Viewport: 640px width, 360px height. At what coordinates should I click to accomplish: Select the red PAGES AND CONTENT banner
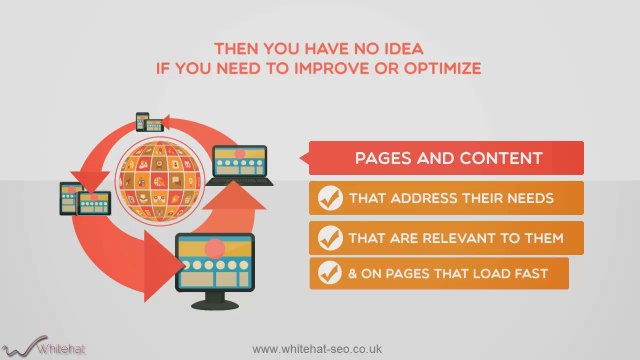[x=448, y=158]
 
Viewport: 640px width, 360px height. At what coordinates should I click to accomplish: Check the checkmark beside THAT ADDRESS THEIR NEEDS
[x=329, y=198]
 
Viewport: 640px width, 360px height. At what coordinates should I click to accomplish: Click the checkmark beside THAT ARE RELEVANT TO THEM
[x=329, y=237]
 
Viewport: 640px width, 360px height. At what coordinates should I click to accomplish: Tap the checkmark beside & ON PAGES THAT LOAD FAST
[x=329, y=273]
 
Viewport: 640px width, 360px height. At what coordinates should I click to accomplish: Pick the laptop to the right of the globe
[x=241, y=164]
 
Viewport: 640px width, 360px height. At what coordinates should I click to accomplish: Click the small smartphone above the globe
[x=142, y=122]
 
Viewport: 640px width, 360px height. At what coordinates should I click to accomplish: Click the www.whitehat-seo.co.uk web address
[x=320, y=348]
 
